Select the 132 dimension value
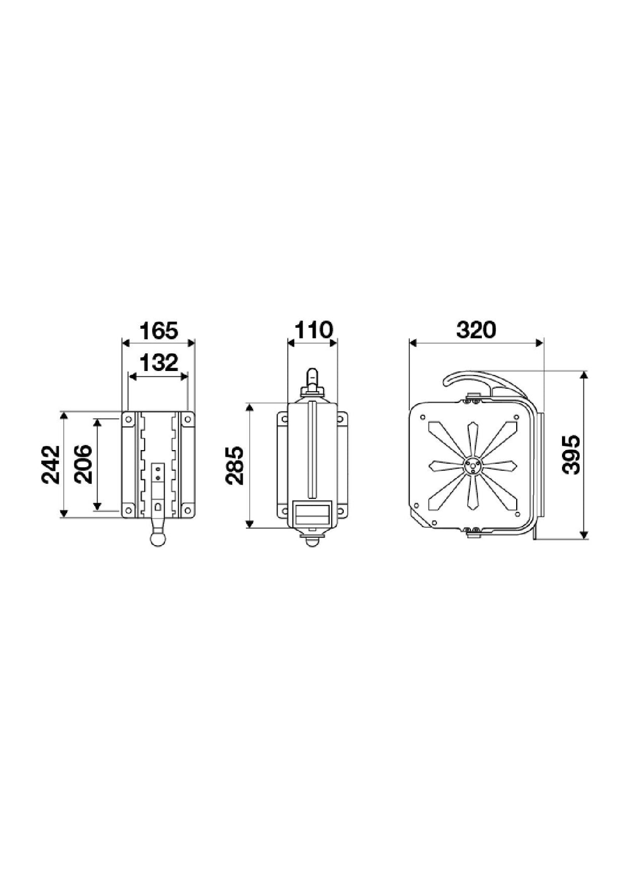point(159,363)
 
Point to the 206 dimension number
point(83,464)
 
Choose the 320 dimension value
point(476,330)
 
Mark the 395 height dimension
point(570,455)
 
